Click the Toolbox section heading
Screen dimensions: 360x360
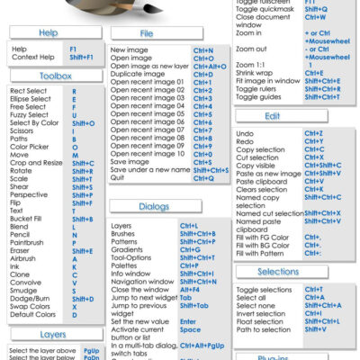tap(49, 76)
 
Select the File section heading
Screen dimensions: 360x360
tap(147, 33)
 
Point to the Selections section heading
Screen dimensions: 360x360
tap(278, 271)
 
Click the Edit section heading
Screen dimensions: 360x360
tap(273, 117)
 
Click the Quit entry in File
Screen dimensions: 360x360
tap(117, 178)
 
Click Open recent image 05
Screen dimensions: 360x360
tap(147, 114)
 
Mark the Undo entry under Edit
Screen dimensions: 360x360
tap(245, 133)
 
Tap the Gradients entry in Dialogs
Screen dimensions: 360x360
tap(126, 249)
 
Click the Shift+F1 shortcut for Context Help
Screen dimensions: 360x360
tap(81, 57)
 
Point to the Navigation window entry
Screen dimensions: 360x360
tap(142, 282)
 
